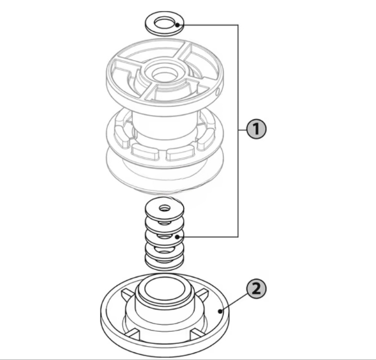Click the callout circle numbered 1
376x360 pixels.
(256, 129)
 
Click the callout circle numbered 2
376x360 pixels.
(256, 289)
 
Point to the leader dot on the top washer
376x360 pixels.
(177, 24)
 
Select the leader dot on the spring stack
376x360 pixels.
(177, 237)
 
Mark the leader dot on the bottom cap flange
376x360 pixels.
(220, 311)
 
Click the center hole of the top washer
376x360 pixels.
(164, 23)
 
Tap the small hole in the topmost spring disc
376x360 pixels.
(164, 208)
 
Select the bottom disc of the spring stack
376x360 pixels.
(164, 265)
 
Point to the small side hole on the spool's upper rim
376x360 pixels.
(217, 92)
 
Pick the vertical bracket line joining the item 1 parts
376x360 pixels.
(238, 131)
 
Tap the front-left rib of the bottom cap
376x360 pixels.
(132, 334)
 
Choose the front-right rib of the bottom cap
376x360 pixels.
(198, 334)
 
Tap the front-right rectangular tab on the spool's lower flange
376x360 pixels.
(180, 153)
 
